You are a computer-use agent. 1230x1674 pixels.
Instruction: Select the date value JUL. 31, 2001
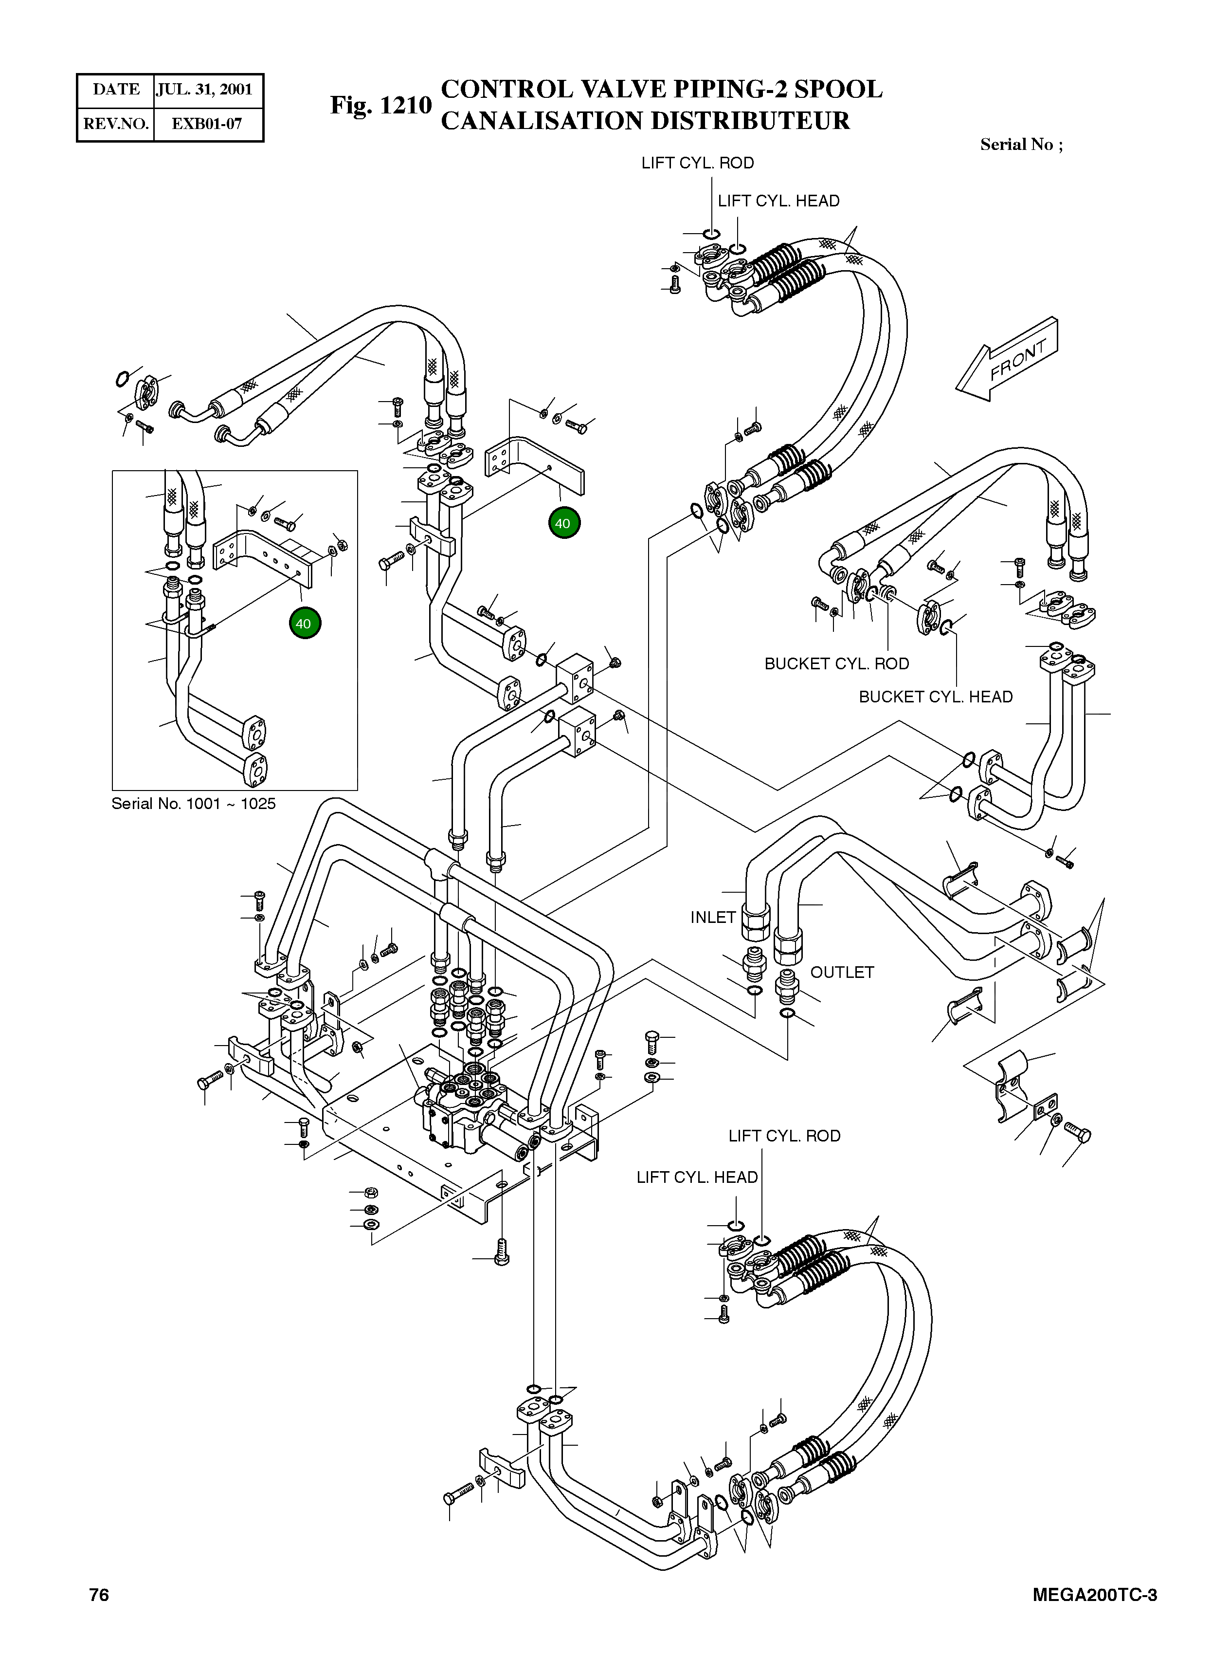(205, 90)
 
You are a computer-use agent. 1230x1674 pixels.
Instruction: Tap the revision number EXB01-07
(207, 124)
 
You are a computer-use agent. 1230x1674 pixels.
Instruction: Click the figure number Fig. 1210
(380, 105)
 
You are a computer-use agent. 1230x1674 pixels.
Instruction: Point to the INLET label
(712, 918)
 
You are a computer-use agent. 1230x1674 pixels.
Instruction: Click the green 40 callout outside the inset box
(563, 523)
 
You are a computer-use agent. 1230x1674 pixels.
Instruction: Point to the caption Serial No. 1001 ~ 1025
(194, 804)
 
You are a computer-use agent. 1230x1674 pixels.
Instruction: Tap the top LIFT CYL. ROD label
(698, 163)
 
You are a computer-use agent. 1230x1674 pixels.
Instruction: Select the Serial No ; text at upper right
(1022, 145)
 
